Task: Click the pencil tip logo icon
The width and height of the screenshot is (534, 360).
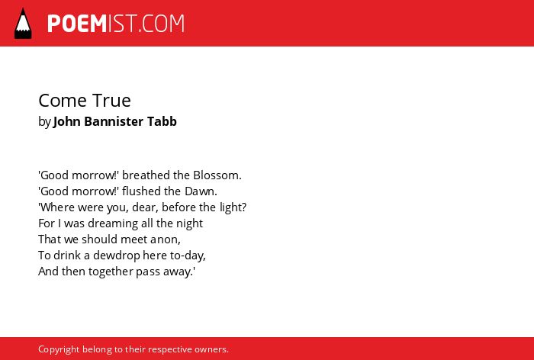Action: click(x=23, y=23)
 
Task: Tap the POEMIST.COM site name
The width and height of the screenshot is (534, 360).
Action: click(x=116, y=24)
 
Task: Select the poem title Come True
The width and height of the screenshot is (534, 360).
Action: click(x=85, y=101)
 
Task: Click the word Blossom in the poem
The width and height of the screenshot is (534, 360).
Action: click(x=217, y=175)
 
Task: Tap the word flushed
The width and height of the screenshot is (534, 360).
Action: click(x=141, y=191)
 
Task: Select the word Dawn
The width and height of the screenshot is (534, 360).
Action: click(x=201, y=191)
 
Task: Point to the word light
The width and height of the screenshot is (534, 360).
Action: click(x=233, y=207)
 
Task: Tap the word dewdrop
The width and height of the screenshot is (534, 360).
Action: click(x=116, y=256)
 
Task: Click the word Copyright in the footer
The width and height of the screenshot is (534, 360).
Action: click(x=59, y=349)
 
